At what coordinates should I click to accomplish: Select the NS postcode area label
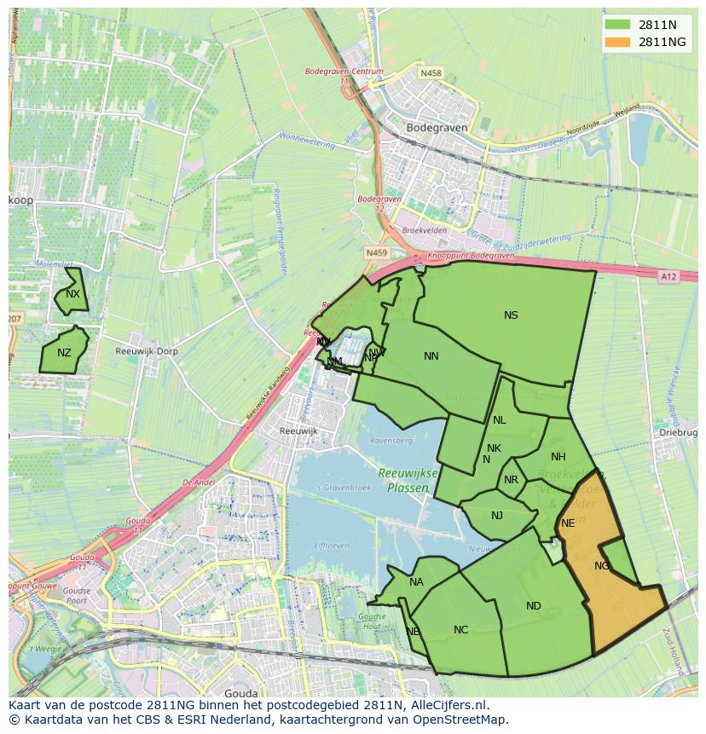point(511,315)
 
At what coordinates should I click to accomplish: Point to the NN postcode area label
point(431,356)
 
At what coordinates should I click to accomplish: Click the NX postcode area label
point(72,294)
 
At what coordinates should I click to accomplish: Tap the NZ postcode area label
point(65,353)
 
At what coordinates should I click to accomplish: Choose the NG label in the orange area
point(602,566)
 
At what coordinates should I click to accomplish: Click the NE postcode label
point(568,523)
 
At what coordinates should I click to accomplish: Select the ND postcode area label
point(534,606)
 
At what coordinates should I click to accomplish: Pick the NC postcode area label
point(461,630)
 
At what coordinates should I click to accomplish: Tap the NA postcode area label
point(416,583)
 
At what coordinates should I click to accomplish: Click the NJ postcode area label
point(497,515)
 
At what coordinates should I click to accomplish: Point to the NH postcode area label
point(558,457)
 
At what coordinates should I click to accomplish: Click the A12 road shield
point(668,276)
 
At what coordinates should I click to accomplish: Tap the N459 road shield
point(375,253)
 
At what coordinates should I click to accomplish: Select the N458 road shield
point(431,73)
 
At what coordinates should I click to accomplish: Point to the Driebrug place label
point(678,433)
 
